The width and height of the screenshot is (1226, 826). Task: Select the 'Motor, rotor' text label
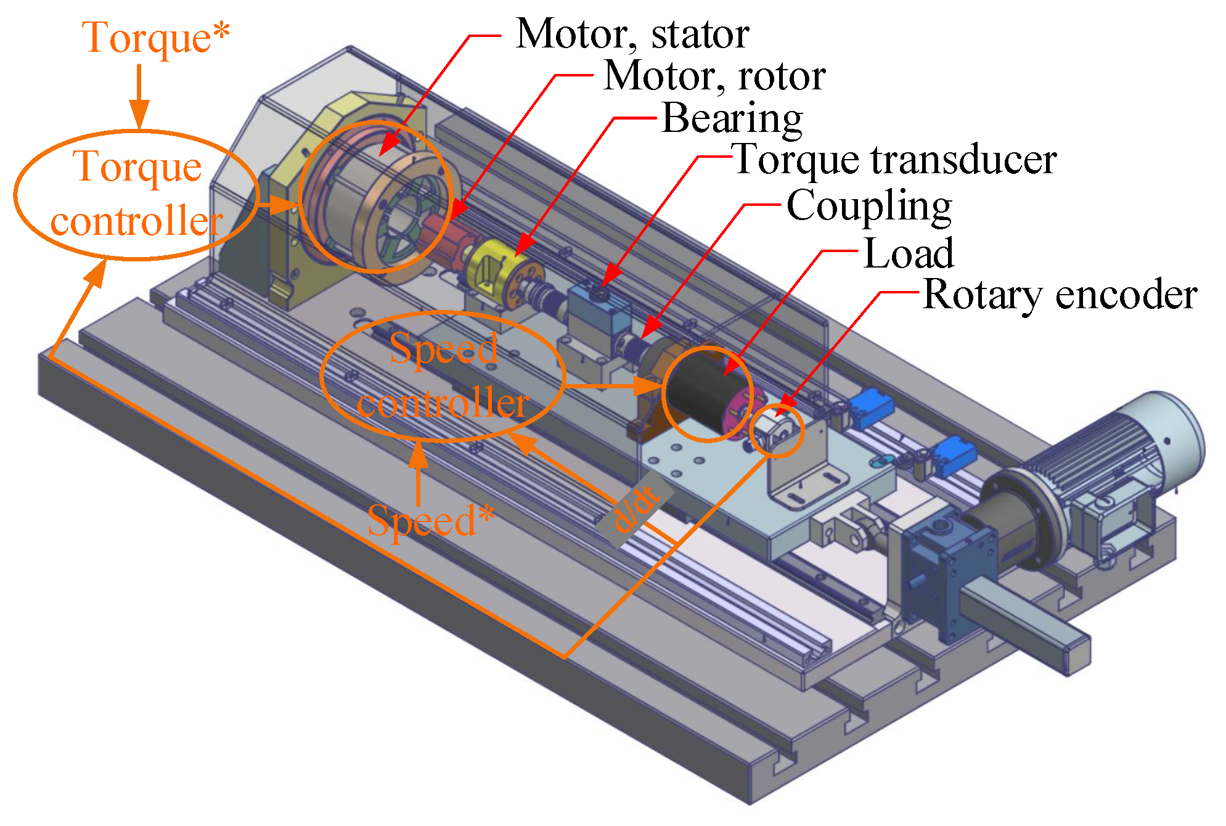pyautogui.click(x=714, y=76)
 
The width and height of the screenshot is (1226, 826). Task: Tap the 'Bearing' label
pyautogui.click(x=732, y=118)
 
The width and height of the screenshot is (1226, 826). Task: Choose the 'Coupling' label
pyautogui.click(x=869, y=206)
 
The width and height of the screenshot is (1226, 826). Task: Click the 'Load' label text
pyautogui.click(x=909, y=253)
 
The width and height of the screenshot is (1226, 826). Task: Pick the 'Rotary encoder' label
pyautogui.click(x=1060, y=295)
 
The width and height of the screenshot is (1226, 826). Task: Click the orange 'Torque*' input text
pyautogui.click(x=155, y=38)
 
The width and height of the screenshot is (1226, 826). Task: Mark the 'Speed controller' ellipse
pyautogui.click(x=443, y=377)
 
